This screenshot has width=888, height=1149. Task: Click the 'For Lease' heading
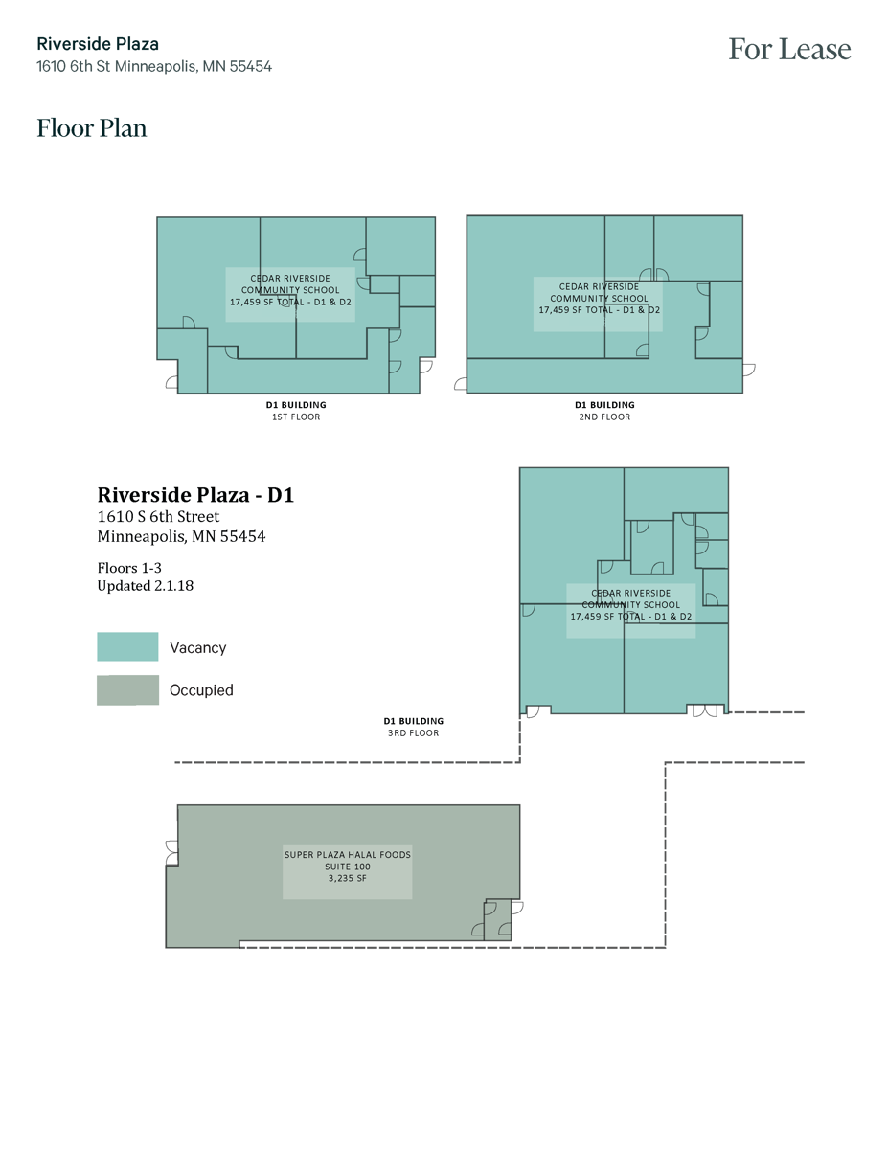pyautogui.click(x=788, y=50)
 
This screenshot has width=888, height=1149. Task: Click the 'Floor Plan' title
pyautogui.click(x=92, y=128)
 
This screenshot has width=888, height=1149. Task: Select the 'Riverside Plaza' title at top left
pyautogui.click(x=98, y=44)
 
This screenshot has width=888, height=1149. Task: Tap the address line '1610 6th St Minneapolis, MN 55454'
pyautogui.click(x=154, y=67)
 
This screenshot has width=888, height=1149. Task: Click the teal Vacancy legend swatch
pyautogui.click(x=127, y=647)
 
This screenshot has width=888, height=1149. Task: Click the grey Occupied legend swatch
pyautogui.click(x=127, y=690)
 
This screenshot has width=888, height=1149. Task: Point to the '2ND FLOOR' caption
pyautogui.click(x=603, y=417)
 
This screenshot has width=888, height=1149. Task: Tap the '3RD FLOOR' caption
pyautogui.click(x=413, y=733)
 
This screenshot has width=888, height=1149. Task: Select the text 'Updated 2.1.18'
pyautogui.click(x=146, y=586)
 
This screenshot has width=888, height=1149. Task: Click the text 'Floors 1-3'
pyautogui.click(x=129, y=568)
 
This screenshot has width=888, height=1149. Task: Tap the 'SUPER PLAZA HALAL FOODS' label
pyautogui.click(x=347, y=855)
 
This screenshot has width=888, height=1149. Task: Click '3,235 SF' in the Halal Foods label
pyautogui.click(x=347, y=878)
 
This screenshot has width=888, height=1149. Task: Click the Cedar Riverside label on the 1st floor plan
pyautogui.click(x=290, y=290)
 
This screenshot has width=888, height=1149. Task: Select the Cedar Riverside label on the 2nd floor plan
pyautogui.click(x=599, y=298)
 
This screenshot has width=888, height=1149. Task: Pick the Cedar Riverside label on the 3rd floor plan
pyautogui.click(x=630, y=605)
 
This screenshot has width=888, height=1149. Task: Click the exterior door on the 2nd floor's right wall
pyautogui.click(x=748, y=369)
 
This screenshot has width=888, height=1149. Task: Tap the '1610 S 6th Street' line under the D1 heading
pyautogui.click(x=158, y=517)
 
